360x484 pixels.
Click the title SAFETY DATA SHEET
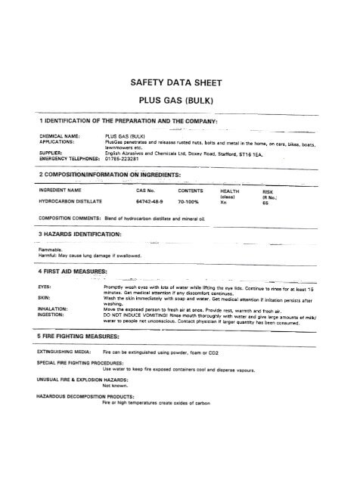coord(180,78)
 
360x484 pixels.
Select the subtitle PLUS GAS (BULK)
coord(180,99)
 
